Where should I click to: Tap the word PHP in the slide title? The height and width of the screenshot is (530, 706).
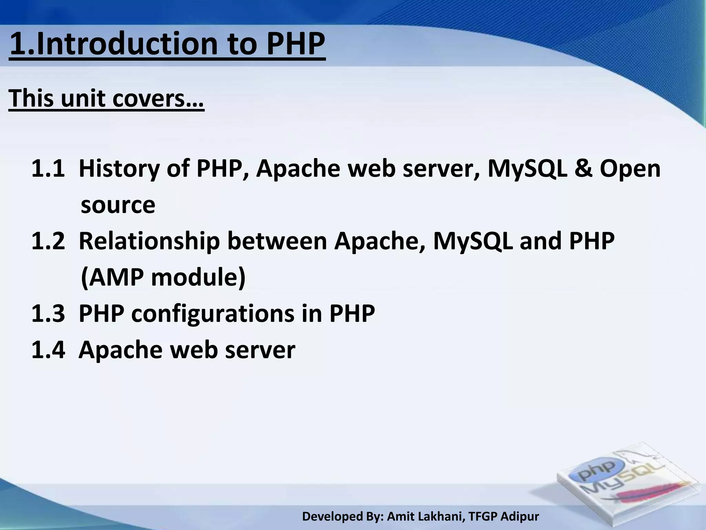tap(296, 44)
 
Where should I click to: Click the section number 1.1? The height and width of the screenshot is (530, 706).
tap(48, 169)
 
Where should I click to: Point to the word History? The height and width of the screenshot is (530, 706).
tap(119, 169)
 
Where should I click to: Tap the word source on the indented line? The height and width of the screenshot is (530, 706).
tap(118, 205)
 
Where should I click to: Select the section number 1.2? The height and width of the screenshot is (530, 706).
tap(48, 242)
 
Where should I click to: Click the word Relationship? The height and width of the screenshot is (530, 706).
tap(149, 242)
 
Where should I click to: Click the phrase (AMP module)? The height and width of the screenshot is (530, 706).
tap(163, 278)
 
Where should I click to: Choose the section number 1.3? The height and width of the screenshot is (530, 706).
tap(48, 314)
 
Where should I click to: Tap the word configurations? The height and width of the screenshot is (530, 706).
tap(213, 314)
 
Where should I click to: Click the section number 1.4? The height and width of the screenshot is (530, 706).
tap(48, 350)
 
